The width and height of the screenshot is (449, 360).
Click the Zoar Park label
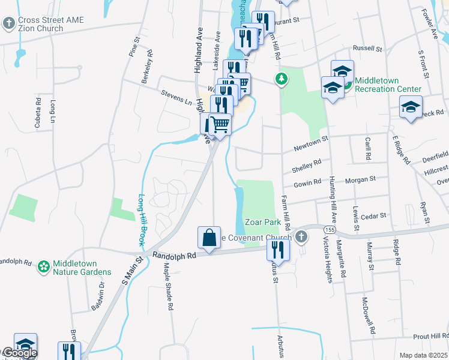263,222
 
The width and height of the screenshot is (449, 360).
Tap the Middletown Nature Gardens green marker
43,266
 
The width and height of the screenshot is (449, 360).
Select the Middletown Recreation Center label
387,85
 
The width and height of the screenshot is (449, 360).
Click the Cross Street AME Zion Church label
50,24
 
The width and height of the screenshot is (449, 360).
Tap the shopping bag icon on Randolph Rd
209,238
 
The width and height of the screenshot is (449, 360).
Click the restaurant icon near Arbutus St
278,248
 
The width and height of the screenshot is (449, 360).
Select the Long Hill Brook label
142,220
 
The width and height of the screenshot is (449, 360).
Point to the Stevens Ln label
176,95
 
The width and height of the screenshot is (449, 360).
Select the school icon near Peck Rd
411,108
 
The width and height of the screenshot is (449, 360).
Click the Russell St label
367,47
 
